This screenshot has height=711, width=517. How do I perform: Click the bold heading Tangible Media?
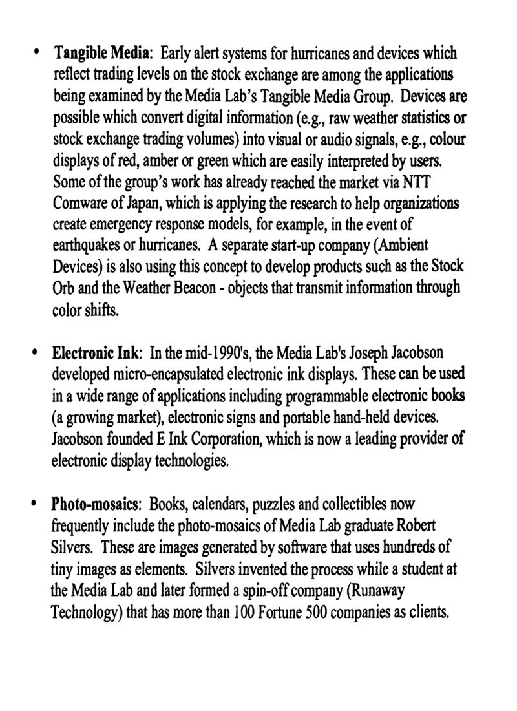tap(103, 52)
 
